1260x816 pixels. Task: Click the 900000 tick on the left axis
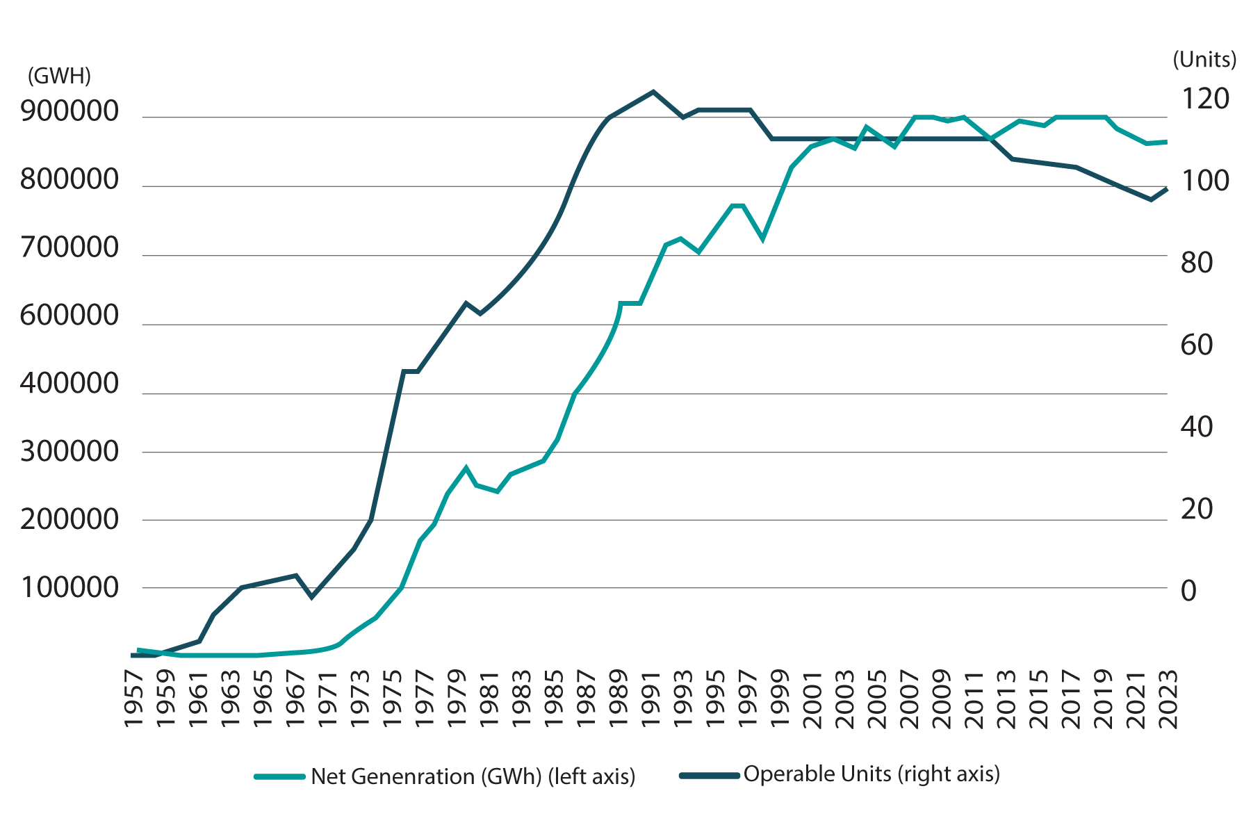(69, 111)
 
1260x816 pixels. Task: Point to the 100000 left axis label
(69, 588)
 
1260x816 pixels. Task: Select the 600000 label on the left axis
(69, 316)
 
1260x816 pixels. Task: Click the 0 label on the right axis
(1189, 591)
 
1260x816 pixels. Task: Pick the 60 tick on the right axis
(1197, 345)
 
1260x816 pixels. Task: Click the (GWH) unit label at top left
(59, 76)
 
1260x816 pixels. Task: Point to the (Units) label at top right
(1204, 60)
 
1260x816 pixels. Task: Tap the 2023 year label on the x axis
(1169, 699)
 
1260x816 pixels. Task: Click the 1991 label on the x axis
(651, 699)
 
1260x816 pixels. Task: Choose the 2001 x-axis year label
(812, 699)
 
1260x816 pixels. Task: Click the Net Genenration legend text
(473, 776)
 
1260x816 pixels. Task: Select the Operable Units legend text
(872, 774)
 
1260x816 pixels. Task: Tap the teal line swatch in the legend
(279, 776)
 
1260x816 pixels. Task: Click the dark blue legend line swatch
(709, 775)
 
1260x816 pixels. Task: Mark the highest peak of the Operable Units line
(652, 91)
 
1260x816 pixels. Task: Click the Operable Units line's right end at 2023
(1167, 188)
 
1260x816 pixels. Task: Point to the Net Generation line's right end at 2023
(1167, 142)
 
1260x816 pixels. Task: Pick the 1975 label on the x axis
(392, 699)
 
